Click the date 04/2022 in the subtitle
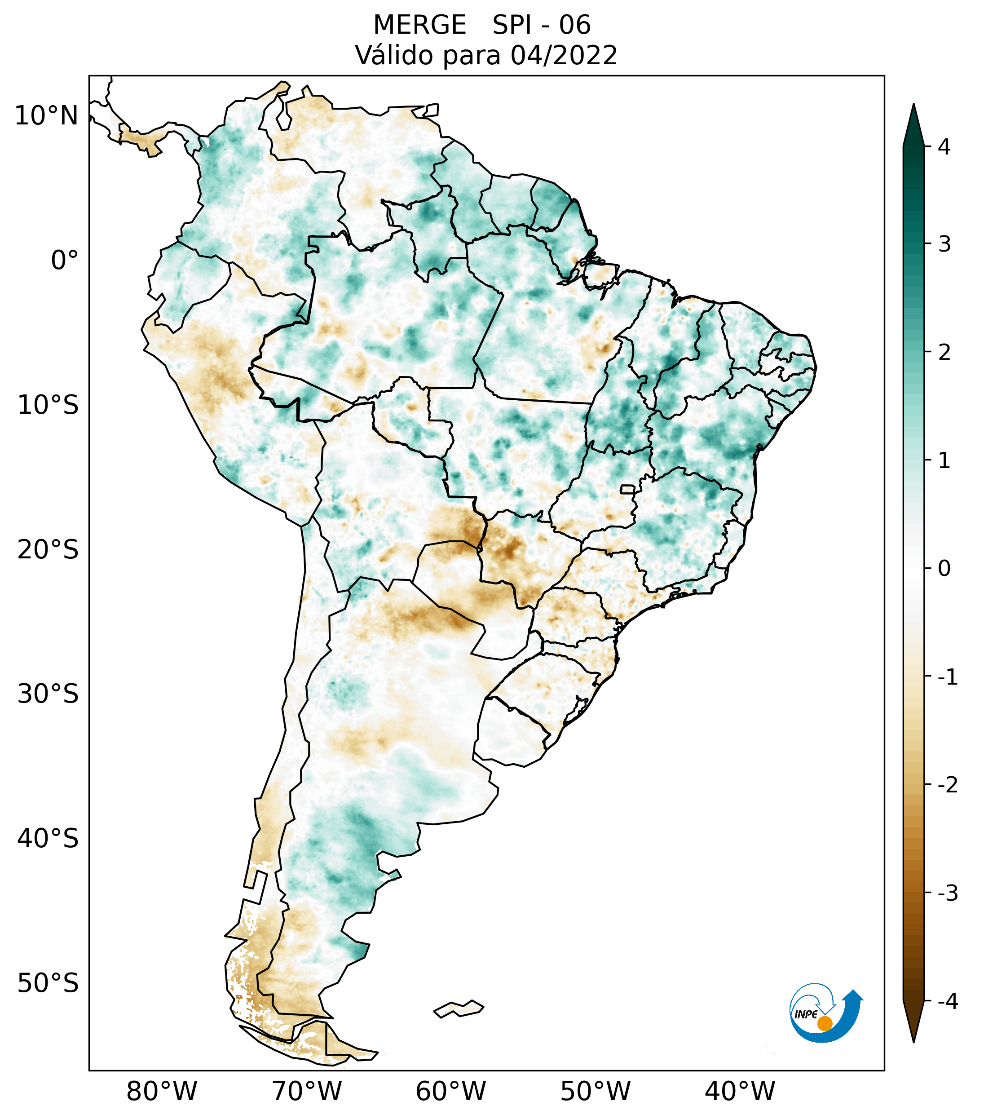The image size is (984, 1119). [x=564, y=55]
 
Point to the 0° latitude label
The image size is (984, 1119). [x=65, y=260]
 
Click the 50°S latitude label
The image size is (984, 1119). [x=48, y=983]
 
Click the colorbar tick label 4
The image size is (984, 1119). [x=944, y=147]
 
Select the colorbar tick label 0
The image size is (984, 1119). [x=944, y=569]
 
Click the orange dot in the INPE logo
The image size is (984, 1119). [x=824, y=1023]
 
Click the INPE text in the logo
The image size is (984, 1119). [x=806, y=1014]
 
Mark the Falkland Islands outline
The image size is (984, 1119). [x=459, y=1008]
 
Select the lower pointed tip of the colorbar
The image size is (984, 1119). [x=913, y=1041]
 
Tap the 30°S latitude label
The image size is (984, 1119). [x=48, y=694]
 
